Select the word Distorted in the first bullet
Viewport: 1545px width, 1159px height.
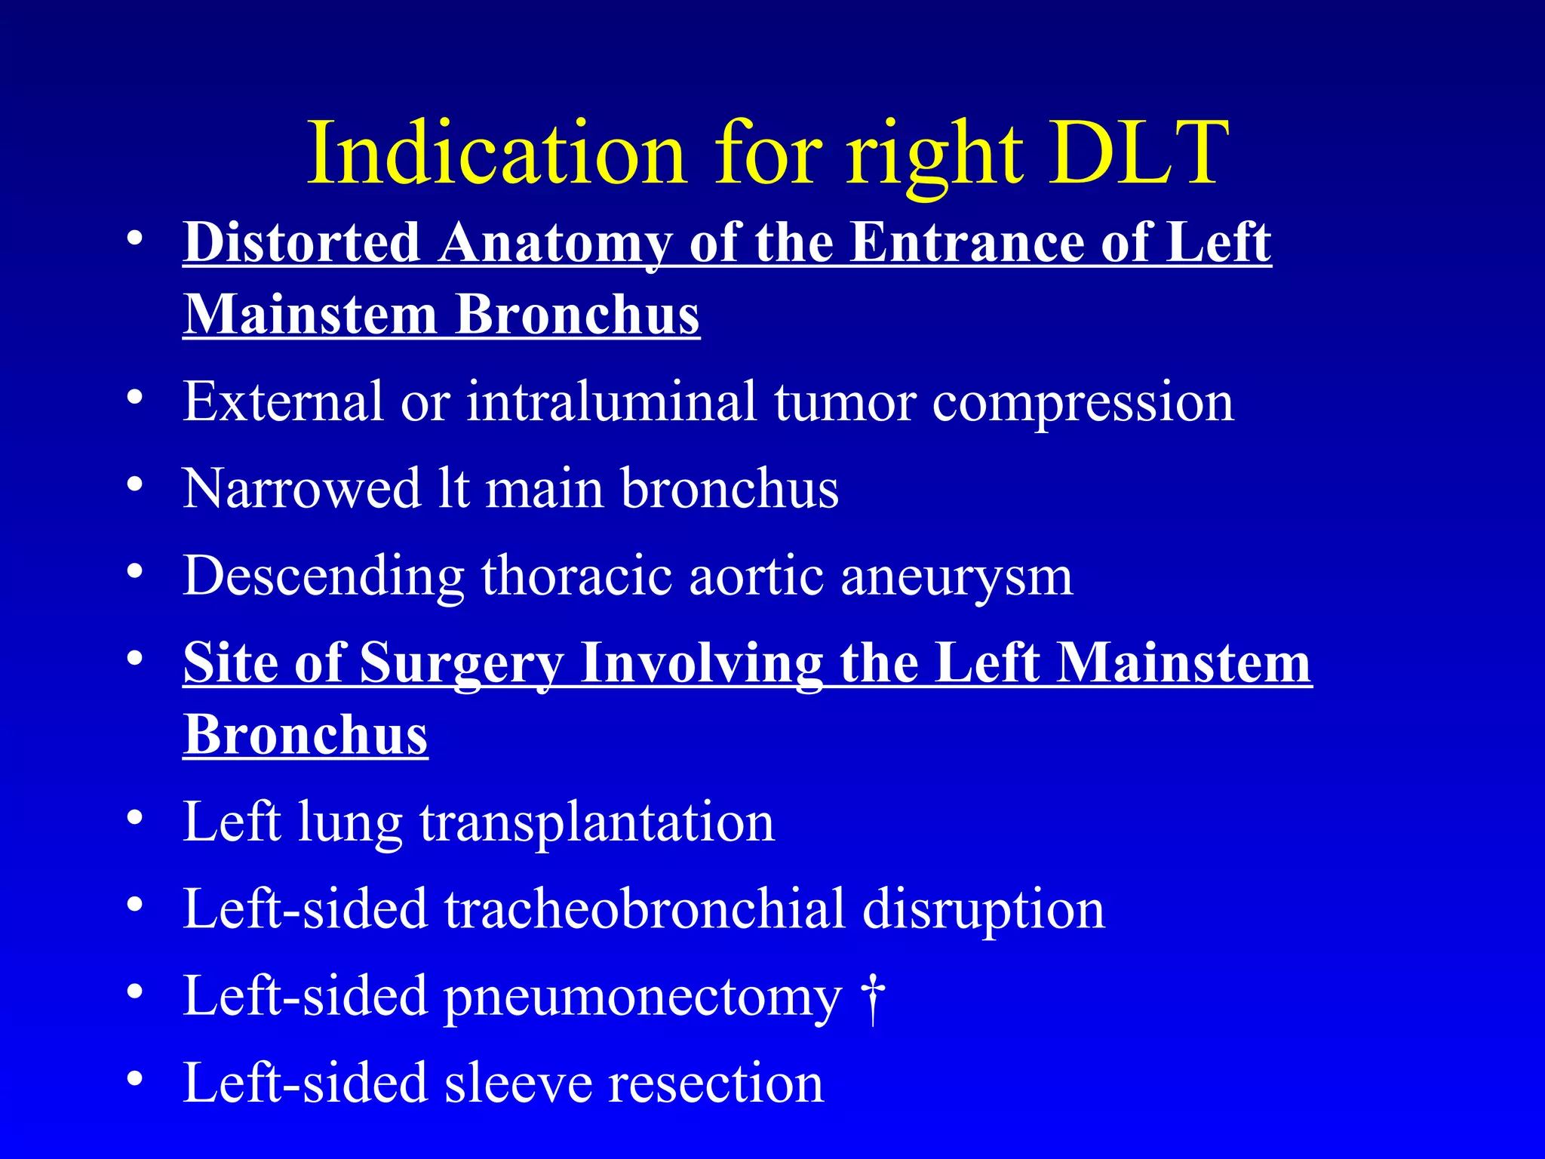tap(302, 242)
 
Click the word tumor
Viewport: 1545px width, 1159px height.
tap(845, 401)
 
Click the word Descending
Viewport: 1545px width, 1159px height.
tap(323, 576)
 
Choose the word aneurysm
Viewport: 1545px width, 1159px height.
tap(957, 576)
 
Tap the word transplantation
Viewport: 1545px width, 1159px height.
tap(597, 822)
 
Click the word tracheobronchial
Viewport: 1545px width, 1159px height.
tap(644, 908)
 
